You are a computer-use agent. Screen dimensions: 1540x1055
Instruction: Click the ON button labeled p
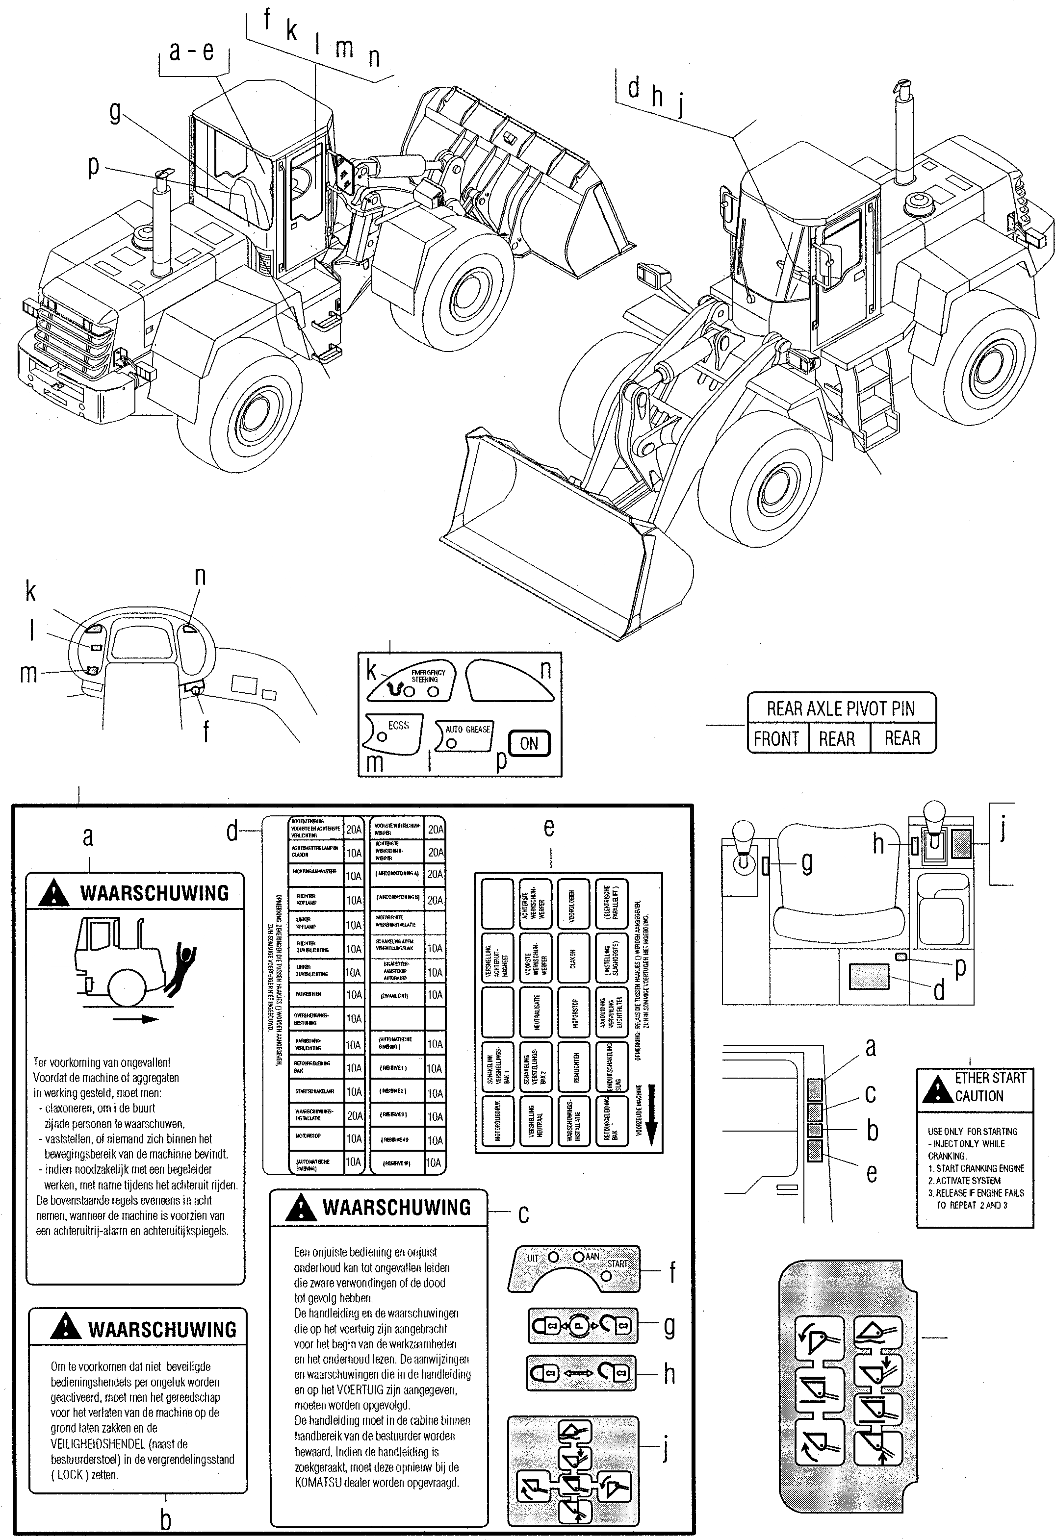(529, 743)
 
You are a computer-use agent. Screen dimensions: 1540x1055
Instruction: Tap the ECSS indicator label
(398, 726)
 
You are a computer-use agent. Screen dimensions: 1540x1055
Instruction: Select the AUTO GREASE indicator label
(467, 729)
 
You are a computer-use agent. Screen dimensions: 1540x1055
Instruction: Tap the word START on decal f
(617, 1263)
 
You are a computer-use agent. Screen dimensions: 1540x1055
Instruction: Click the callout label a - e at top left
(191, 51)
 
